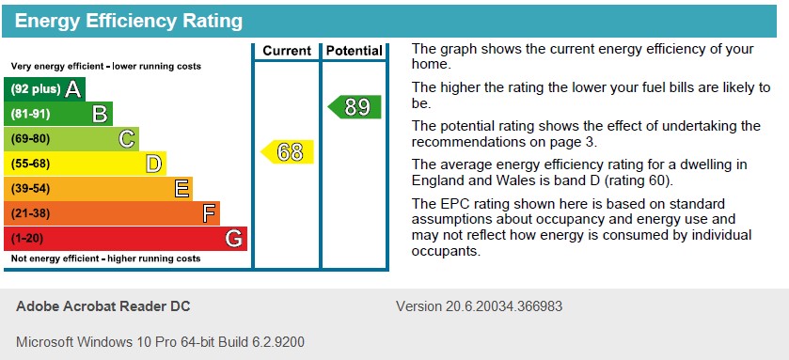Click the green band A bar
[45, 89]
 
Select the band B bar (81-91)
[58, 115]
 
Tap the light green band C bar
[71, 139]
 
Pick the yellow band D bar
[86, 164]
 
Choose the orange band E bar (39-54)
[99, 189]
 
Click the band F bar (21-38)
[112, 213]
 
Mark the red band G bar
[126, 238]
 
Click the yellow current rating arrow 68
[288, 151]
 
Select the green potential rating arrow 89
[355, 107]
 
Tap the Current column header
[287, 51]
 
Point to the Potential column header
[355, 51]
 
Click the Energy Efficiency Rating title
[128, 21]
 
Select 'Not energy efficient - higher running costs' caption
[105, 258]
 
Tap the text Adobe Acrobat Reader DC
[103, 306]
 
